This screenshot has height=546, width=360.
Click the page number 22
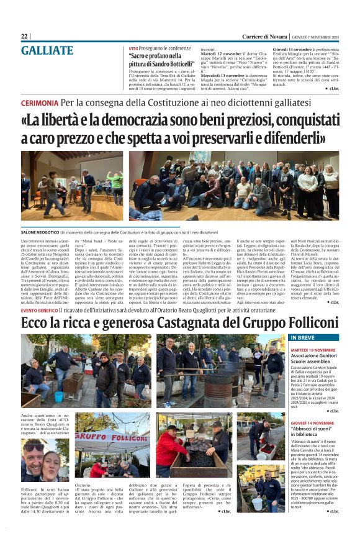(x=24, y=37)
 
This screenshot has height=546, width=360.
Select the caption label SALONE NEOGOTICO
(x=43, y=232)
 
